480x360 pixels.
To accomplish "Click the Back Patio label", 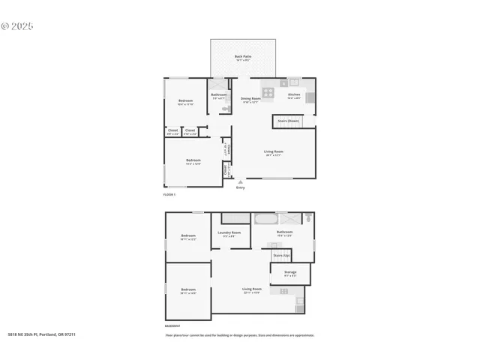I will click(x=242, y=57).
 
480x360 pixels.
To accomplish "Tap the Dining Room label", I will click(x=250, y=98).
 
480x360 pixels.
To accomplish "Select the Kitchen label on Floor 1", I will click(x=294, y=94).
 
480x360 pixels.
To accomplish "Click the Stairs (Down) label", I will click(x=289, y=120).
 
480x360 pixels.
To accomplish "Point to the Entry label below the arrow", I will click(x=240, y=187).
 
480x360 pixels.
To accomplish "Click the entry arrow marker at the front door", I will click(x=240, y=181).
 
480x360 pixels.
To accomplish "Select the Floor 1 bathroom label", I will click(x=219, y=94).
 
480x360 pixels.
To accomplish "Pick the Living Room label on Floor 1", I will click(x=273, y=152).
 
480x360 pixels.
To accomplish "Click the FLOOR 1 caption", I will click(x=169, y=195).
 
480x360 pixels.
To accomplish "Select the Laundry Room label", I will click(x=229, y=232).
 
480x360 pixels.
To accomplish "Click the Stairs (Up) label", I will click(x=281, y=255).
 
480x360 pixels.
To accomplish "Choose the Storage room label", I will click(x=290, y=272).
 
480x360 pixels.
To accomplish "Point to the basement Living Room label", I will click(x=251, y=289).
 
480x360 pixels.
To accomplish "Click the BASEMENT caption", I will click(x=172, y=326).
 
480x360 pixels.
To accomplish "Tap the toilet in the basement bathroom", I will click(x=307, y=218).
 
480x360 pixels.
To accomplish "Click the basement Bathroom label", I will click(x=284, y=232).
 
